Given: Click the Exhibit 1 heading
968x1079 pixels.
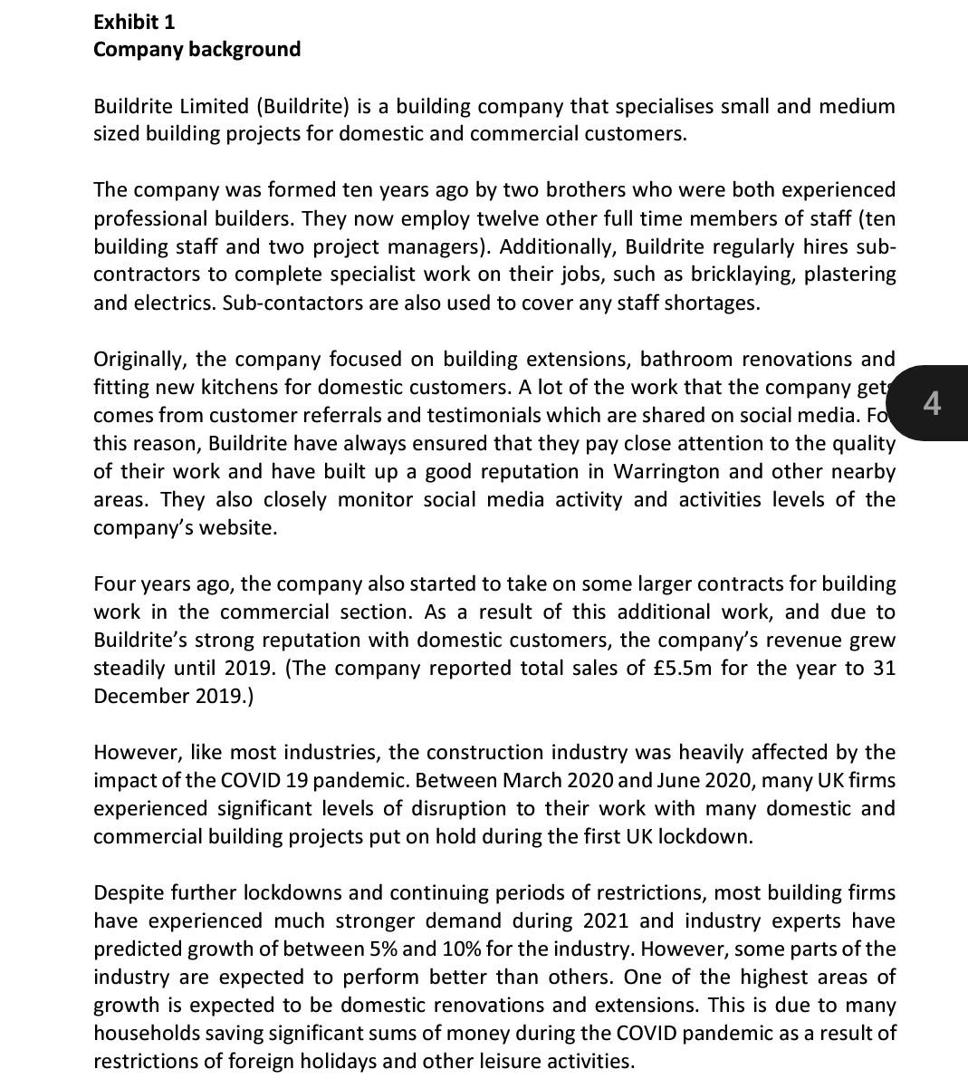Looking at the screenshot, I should [x=134, y=22].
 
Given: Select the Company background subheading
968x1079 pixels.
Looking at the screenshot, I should [x=196, y=49].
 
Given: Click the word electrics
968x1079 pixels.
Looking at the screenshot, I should [x=177, y=303].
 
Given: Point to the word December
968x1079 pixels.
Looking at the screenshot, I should [x=140, y=697].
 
